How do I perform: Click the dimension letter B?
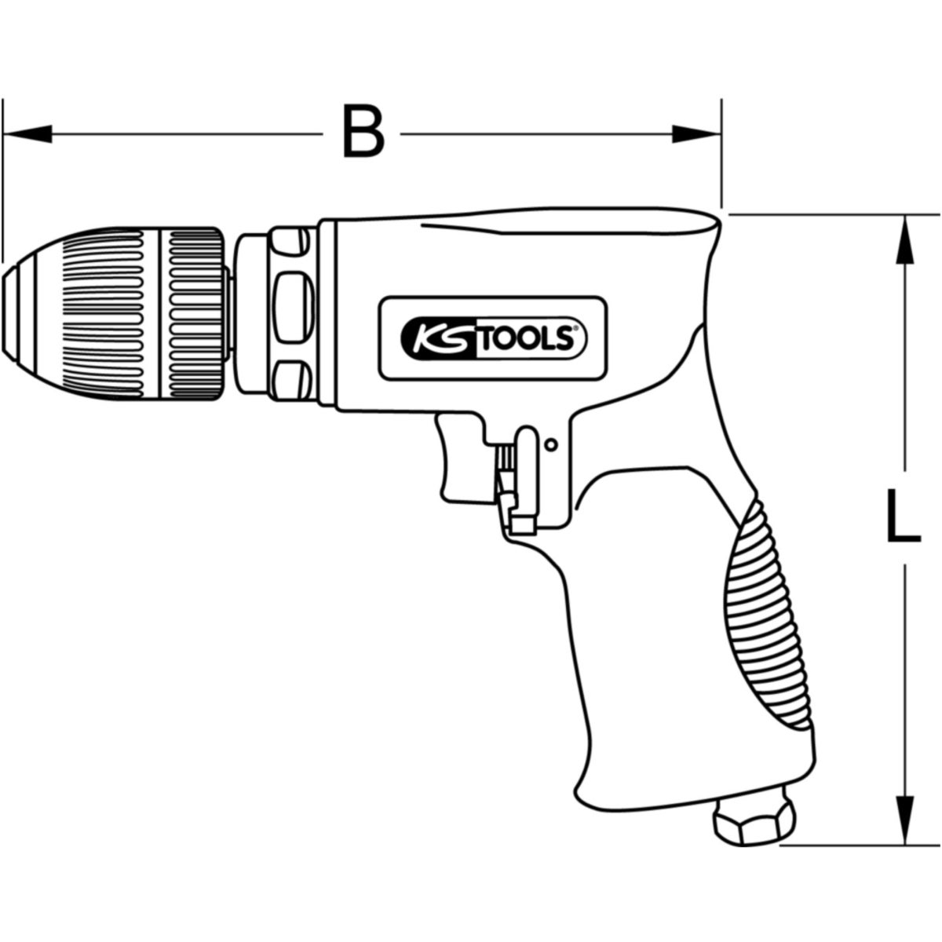click(x=363, y=130)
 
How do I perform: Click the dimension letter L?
click(x=903, y=517)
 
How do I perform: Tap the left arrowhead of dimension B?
click(x=27, y=133)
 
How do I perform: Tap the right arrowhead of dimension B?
click(x=696, y=133)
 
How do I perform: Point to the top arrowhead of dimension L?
click(x=905, y=239)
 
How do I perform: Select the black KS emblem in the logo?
click(x=437, y=338)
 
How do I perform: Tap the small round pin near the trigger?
click(x=551, y=444)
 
